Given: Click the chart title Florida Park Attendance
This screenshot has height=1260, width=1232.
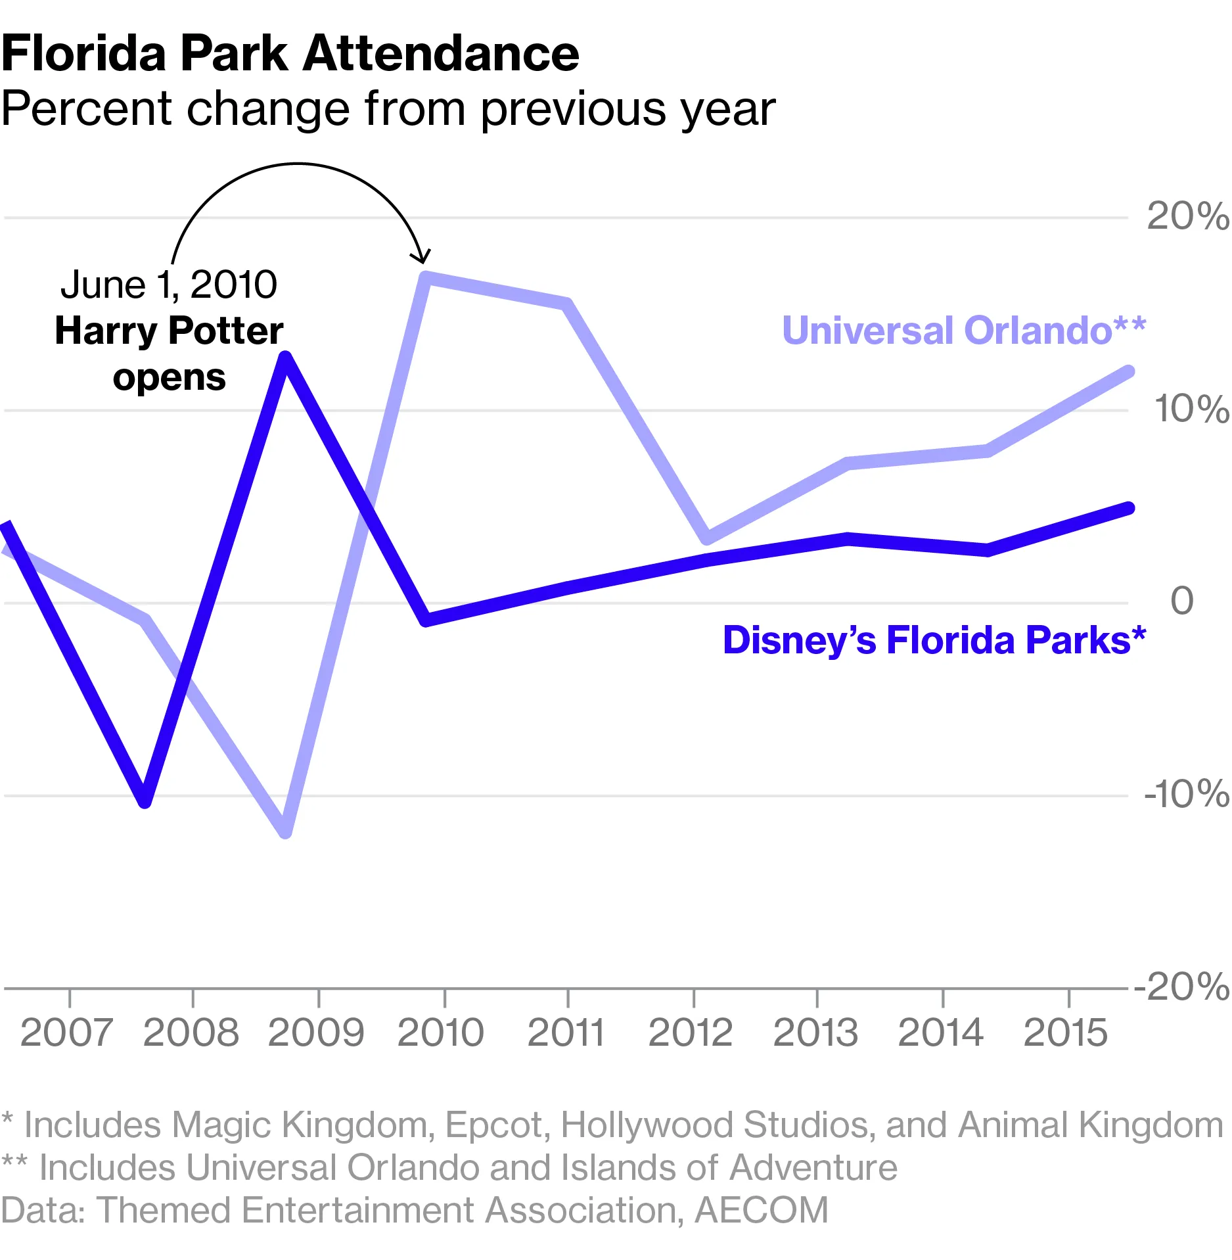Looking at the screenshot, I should pos(290,54).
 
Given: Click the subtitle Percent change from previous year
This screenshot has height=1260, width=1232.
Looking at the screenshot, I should pos(388,109).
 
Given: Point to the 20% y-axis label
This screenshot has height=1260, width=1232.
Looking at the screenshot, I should pos(1187,216).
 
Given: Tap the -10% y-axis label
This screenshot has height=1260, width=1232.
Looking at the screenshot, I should pos(1185,794).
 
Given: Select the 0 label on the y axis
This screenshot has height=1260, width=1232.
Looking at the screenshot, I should pos(1181,601).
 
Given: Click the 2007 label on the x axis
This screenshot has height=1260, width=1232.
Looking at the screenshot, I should pos(66,1033).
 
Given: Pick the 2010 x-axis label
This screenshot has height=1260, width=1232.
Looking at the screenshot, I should pos(440,1033).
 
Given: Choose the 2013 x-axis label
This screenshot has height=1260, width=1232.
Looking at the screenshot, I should pos(815,1033).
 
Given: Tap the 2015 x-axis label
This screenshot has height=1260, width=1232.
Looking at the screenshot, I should pos(1065,1033).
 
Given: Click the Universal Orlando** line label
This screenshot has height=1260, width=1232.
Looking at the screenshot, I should pos(963,330).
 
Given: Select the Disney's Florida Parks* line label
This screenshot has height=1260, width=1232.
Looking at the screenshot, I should pos(934,640).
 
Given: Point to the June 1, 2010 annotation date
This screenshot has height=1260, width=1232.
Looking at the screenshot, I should pos(169,285).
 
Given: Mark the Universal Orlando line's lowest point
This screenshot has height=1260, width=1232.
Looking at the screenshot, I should pos(285,831).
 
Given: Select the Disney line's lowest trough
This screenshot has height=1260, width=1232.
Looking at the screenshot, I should pos(145,801).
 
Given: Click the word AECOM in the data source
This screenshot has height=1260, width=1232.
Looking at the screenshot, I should pos(762,1210).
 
